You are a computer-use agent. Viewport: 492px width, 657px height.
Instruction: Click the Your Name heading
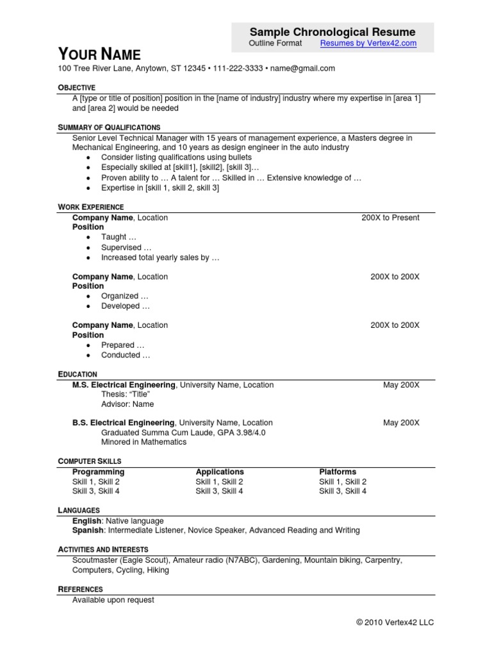99,54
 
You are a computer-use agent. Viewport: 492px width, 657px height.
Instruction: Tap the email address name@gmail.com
302,68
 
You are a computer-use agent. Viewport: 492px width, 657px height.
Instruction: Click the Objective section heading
76,87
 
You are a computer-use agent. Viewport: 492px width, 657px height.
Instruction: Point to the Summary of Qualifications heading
109,127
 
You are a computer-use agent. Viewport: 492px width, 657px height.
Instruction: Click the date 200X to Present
390,218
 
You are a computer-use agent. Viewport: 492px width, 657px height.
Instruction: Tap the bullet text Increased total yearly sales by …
160,257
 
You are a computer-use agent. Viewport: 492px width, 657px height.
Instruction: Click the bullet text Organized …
124,296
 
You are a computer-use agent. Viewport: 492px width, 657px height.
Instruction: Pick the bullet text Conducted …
126,355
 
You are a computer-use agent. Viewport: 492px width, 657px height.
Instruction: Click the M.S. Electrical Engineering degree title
124,385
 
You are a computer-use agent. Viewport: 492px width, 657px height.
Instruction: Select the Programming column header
98,472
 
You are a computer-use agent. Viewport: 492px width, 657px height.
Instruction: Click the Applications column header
220,472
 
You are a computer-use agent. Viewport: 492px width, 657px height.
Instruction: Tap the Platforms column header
338,472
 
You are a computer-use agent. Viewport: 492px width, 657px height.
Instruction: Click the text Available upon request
113,600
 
